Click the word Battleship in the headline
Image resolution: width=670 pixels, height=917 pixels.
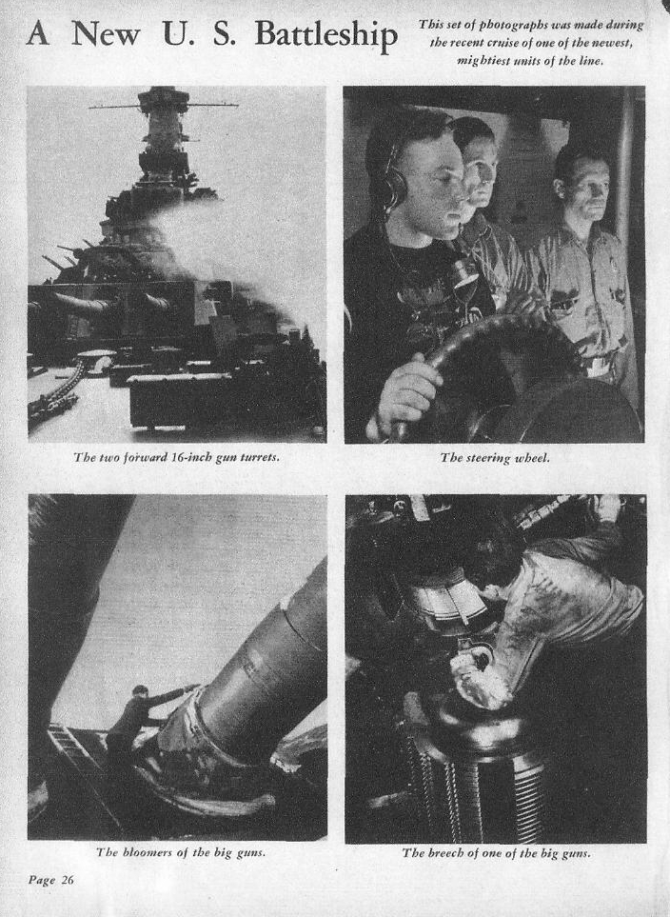click(x=326, y=35)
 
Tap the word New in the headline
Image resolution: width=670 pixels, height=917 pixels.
click(x=106, y=34)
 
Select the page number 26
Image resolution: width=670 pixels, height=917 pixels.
click(x=68, y=880)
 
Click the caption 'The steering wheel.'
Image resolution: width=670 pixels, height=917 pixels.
click(x=495, y=458)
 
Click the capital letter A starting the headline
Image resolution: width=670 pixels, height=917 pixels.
click(x=38, y=34)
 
